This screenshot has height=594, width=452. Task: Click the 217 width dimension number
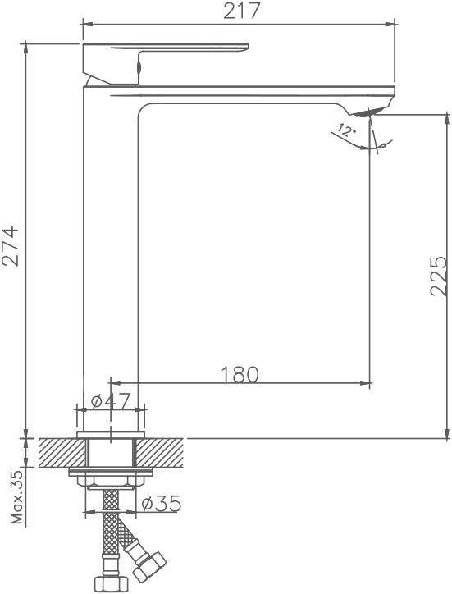241,11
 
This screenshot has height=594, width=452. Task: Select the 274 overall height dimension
10,247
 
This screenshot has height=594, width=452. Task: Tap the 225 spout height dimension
439,276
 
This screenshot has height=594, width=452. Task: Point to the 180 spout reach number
240,374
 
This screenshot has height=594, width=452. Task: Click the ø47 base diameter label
111,401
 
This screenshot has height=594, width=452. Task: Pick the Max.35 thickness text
17,497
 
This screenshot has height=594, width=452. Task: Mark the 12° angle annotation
346,131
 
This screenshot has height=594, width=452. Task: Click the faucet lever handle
166,63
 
